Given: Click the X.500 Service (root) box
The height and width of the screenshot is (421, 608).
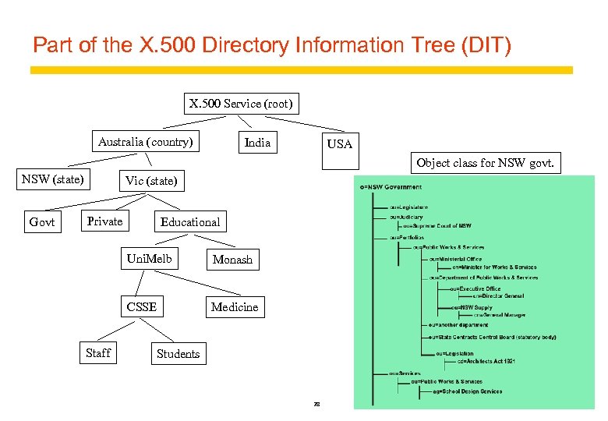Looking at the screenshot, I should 242,104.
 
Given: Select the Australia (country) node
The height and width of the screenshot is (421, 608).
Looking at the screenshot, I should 145,142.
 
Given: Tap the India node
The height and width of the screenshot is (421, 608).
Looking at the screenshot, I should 257,143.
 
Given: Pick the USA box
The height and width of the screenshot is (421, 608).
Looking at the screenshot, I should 339,144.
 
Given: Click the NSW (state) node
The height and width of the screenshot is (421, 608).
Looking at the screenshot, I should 52,179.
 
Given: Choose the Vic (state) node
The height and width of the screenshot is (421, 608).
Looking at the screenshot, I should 151,182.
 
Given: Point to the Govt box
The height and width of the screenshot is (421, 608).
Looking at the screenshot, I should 42,222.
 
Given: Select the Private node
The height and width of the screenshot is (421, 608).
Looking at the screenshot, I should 104,221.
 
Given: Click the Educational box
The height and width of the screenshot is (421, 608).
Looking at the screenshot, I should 190,222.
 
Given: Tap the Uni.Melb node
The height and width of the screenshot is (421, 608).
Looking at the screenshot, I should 149,259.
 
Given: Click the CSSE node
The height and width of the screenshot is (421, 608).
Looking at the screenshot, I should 142,307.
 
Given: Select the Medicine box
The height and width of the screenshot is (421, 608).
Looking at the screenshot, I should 235,307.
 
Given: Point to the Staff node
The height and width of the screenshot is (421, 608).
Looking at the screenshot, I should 98,353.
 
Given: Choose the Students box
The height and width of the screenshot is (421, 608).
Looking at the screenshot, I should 178,354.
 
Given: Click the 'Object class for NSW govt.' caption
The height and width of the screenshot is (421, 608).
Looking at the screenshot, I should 485,163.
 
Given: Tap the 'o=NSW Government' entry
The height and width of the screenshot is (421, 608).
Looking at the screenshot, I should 391,187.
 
